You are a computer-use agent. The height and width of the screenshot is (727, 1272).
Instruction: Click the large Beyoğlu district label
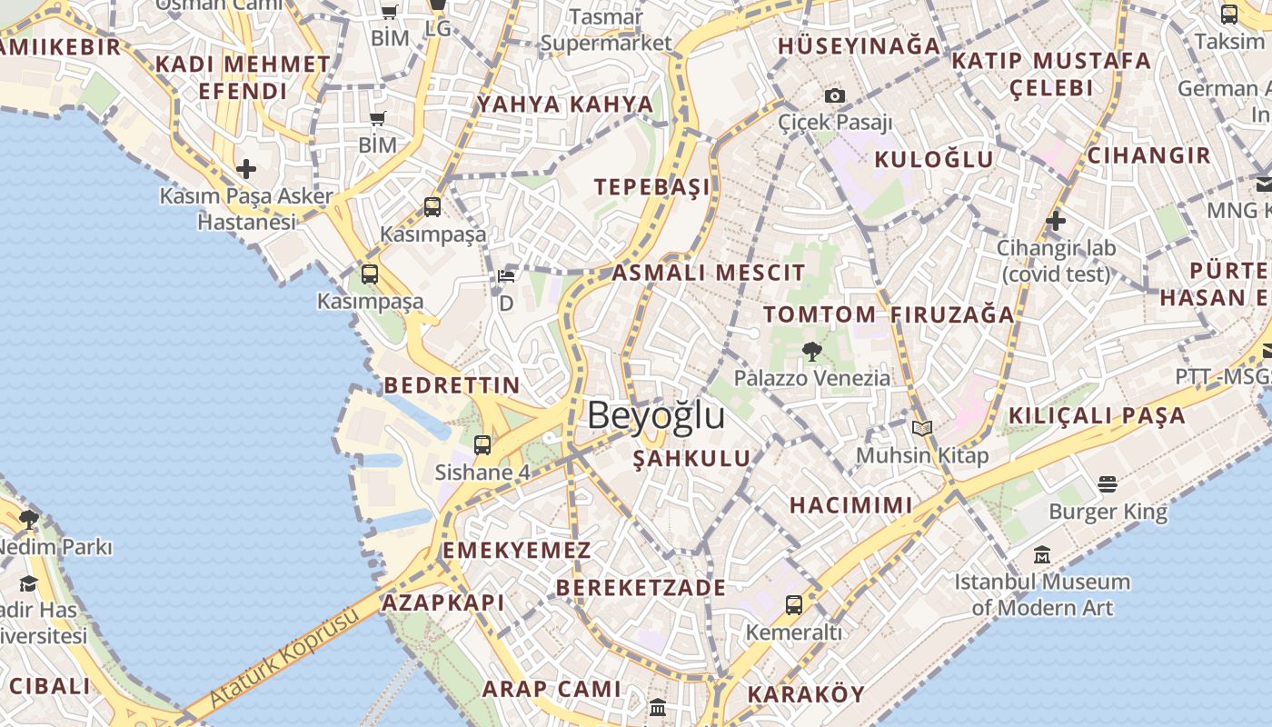656,415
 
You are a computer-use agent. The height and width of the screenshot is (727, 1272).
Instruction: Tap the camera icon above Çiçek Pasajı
834,95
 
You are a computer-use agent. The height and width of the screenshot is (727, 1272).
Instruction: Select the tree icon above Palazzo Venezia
811,351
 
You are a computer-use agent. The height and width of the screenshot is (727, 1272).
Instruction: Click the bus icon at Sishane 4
482,445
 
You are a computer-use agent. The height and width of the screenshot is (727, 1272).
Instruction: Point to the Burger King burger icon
1107,484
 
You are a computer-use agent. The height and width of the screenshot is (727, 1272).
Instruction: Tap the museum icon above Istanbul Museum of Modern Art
1042,554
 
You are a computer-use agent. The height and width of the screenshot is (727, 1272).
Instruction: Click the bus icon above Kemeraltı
793,604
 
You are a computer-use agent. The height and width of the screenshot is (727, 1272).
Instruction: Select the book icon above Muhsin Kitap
922,428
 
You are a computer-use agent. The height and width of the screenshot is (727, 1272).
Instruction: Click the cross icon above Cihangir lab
1055,220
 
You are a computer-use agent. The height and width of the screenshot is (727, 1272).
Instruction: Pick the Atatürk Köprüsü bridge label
283,659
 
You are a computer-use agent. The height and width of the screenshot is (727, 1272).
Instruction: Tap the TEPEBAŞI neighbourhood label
652,187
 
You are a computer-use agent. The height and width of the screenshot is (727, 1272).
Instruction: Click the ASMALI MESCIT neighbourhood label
709,273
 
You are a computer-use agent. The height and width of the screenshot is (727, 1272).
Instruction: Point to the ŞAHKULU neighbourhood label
692,459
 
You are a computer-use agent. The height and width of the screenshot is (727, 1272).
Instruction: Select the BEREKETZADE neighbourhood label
641,588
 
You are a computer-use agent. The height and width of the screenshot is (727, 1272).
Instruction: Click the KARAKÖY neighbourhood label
806,695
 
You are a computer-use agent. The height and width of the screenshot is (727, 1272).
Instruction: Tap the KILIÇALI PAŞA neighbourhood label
1097,416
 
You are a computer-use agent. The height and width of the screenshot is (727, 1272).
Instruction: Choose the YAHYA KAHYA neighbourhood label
565,105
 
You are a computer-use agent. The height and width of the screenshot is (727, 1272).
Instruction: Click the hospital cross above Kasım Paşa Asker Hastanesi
245,169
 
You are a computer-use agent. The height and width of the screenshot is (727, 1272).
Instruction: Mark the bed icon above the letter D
506,276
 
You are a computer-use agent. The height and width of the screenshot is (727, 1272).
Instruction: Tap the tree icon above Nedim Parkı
28,520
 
